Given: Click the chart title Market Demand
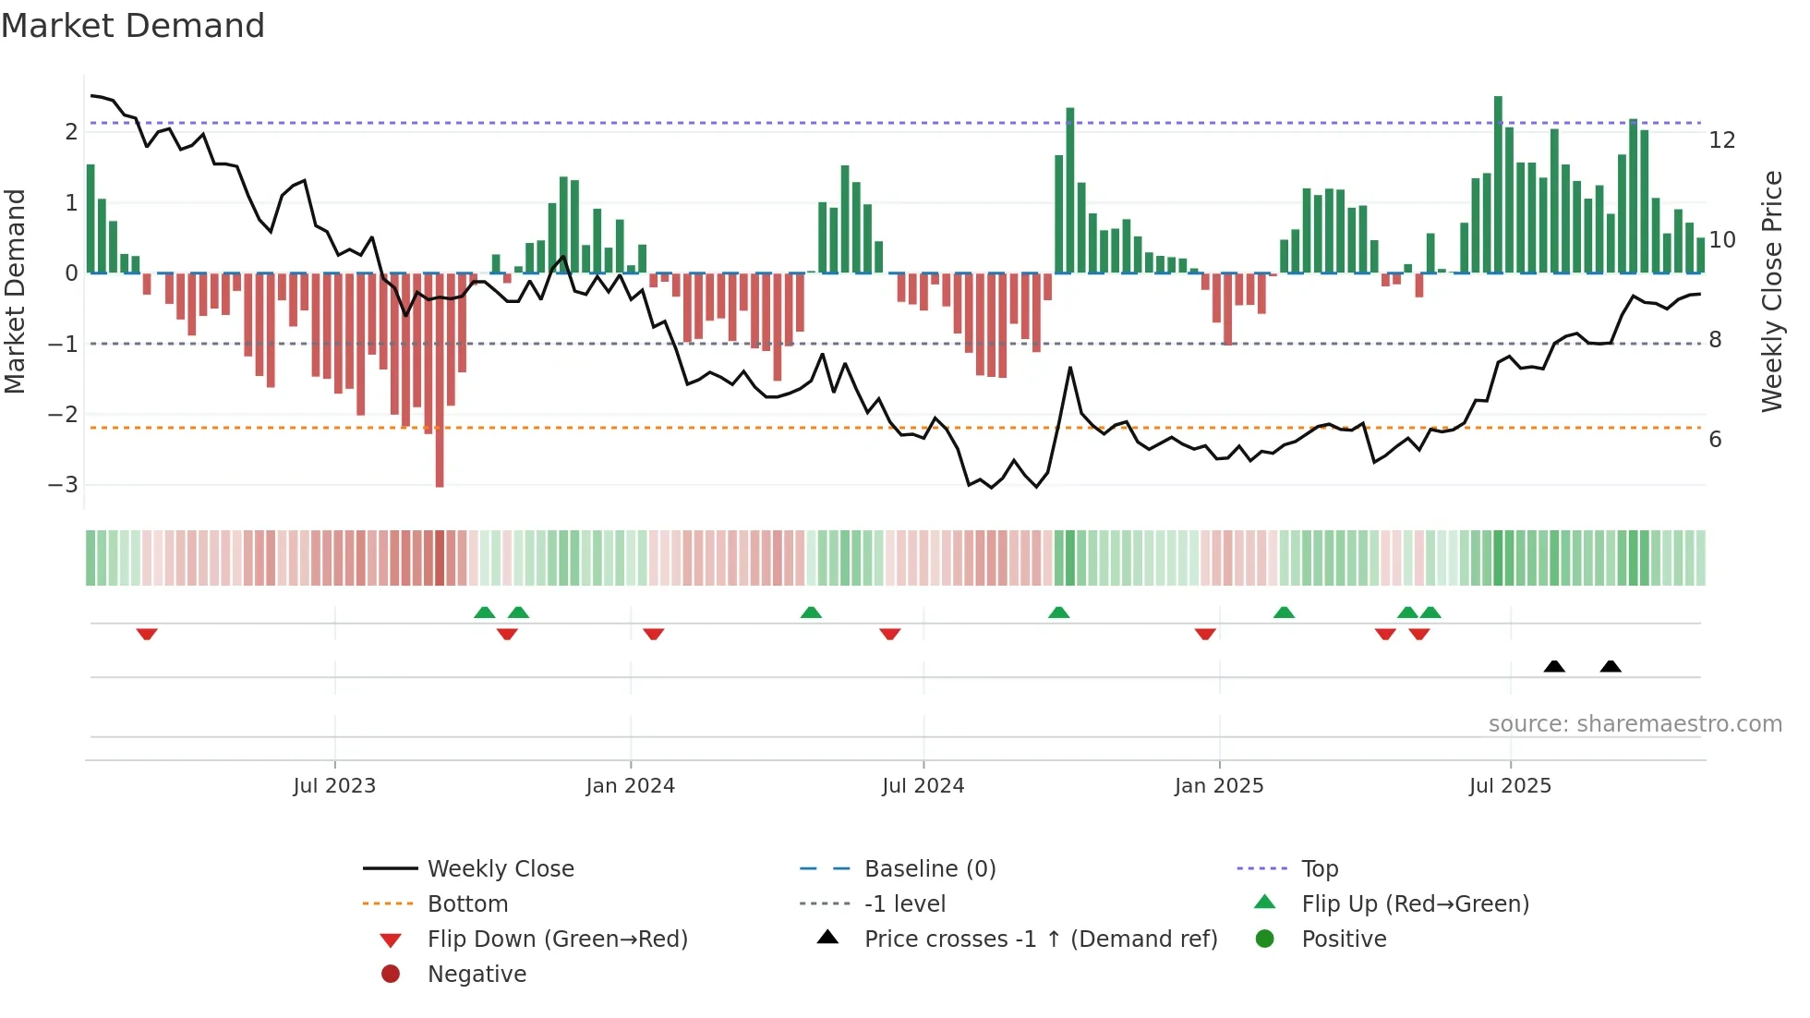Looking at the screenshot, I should tap(133, 26).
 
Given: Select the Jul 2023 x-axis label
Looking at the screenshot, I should tap(334, 786).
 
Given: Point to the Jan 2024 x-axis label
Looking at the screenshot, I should tap(630, 786).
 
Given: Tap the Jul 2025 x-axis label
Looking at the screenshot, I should tap(1510, 786).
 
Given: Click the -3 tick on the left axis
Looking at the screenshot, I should tap(63, 485).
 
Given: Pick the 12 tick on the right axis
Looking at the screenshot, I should tap(1721, 140).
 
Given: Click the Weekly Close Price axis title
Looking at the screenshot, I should tap(1771, 291).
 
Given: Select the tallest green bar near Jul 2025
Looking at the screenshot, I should tap(1498, 185).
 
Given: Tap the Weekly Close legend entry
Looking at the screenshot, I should tap(500, 869).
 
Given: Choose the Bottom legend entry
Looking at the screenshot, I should tap(467, 904).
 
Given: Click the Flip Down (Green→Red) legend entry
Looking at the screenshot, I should tap(557, 939).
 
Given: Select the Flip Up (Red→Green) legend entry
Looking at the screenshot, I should tap(1415, 904).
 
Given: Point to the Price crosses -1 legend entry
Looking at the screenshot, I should tap(1040, 939).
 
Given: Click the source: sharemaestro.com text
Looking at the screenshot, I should tap(1635, 724).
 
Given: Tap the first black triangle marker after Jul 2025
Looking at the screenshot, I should tap(1554, 667).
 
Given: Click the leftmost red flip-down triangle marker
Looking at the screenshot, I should tap(147, 634).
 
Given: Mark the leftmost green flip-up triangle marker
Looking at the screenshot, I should tap(484, 612).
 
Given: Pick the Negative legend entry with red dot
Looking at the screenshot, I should tap(477, 975).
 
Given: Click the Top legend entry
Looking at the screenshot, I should tap(1319, 869).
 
